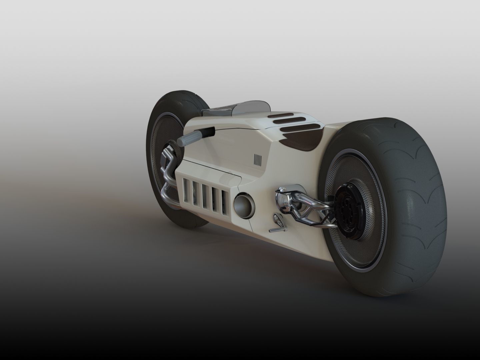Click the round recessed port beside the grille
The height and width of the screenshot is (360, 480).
pos(244,206)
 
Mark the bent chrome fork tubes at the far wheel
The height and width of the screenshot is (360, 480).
pos(167,173)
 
